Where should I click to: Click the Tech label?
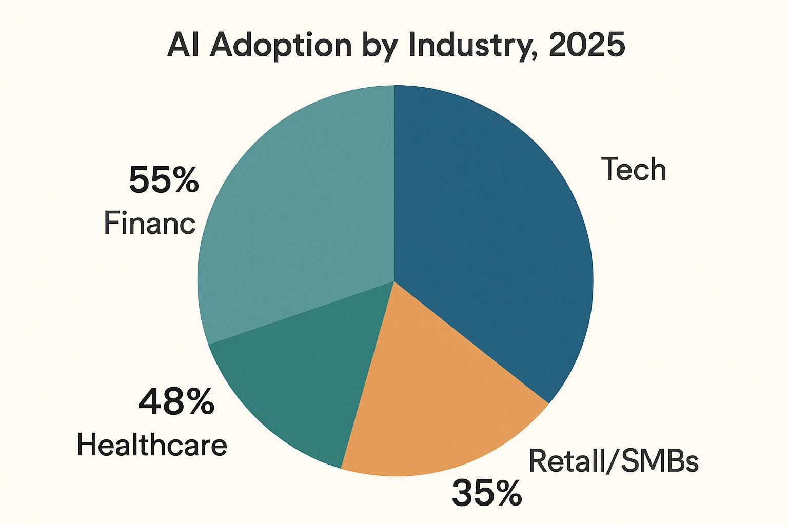[634, 169]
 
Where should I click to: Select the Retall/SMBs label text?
[613, 461]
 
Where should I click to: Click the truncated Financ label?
[149, 224]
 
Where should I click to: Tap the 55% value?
[163, 181]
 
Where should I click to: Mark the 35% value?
[486, 493]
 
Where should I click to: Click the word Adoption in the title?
[281, 46]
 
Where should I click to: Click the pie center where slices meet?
[394, 281]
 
